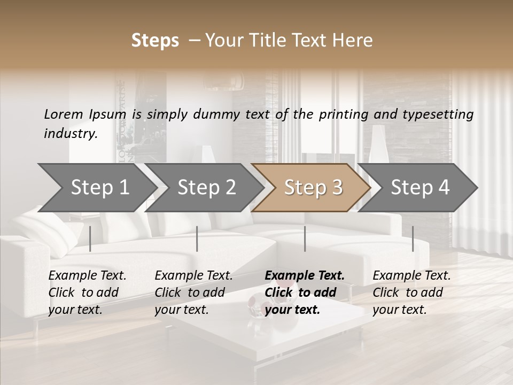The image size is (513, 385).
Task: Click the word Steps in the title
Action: point(155,41)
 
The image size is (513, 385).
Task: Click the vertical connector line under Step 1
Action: point(90,238)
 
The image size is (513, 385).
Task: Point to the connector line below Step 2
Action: point(197,238)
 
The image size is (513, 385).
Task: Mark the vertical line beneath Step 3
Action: point(305,238)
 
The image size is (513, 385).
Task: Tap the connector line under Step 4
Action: point(413,238)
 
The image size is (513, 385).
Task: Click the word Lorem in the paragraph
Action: point(64,114)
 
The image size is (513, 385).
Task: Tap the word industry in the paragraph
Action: point(70,133)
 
